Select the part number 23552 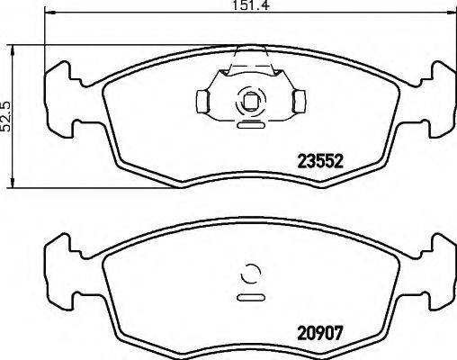click(x=322, y=162)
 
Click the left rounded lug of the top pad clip click(x=203, y=99)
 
